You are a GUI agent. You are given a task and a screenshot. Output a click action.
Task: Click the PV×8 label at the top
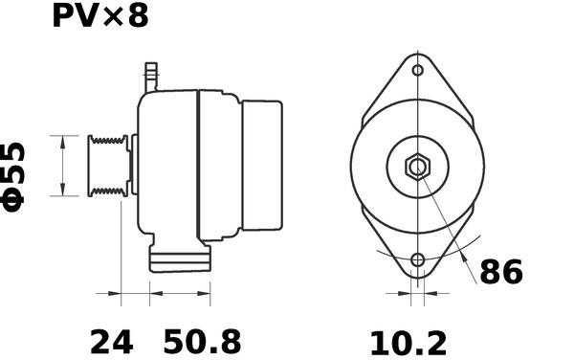[x=100, y=16]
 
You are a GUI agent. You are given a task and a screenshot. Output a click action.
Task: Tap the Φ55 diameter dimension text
[x=13, y=178]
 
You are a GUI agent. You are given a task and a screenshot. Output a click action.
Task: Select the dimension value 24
[x=111, y=343]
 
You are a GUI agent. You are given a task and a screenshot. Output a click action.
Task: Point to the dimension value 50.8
[x=202, y=342]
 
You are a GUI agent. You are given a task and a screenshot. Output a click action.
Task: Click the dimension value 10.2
[x=408, y=344]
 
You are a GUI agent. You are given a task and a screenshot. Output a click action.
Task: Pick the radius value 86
[x=501, y=272]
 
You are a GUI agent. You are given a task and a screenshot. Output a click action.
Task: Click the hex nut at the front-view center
[x=417, y=167]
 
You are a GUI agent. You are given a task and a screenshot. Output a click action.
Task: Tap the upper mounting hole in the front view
[x=418, y=70]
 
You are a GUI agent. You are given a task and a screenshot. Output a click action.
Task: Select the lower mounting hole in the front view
[x=418, y=260]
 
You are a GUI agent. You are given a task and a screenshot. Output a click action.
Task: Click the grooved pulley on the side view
[x=108, y=166]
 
